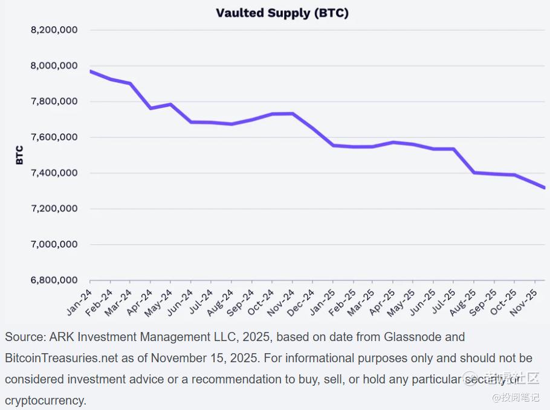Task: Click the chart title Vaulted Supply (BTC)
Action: (282, 13)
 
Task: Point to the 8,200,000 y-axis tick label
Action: (53, 30)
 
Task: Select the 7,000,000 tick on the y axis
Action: (53, 244)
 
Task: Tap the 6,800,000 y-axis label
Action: (53, 281)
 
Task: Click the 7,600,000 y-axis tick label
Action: (53, 137)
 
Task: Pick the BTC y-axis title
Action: (19, 155)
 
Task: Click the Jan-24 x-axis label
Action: (79, 301)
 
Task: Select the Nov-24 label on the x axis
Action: (282, 301)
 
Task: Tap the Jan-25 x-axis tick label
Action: (322, 301)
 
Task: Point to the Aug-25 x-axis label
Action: (464, 301)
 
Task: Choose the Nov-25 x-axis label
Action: (525, 301)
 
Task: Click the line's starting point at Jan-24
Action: (91, 71)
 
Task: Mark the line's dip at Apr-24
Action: (150, 108)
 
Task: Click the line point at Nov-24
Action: (293, 114)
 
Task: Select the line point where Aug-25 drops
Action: (474, 172)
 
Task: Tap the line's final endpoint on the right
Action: (545, 188)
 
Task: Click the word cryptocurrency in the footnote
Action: (46, 400)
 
